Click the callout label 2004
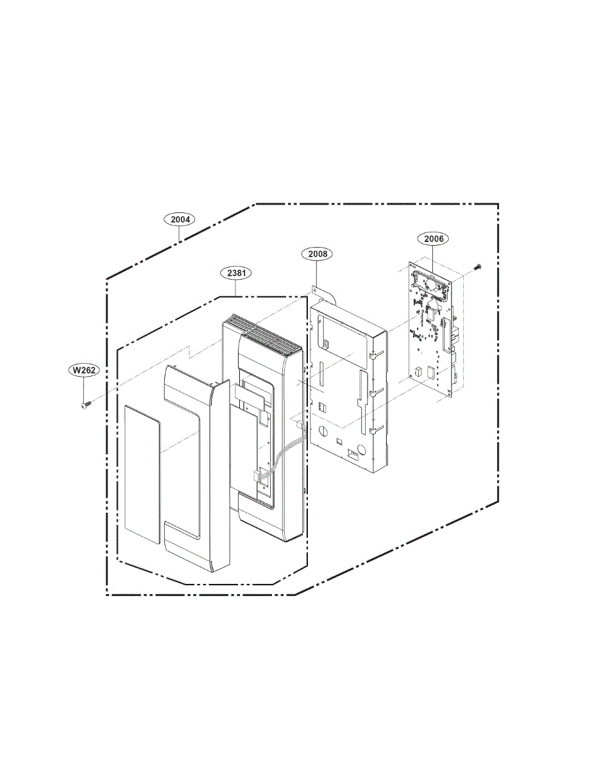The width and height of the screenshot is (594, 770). (x=180, y=219)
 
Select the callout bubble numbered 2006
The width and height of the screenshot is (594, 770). (x=434, y=239)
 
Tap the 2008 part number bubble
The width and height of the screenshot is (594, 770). (x=317, y=253)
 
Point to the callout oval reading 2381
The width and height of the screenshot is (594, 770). (x=236, y=273)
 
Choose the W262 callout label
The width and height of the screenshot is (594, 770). (x=84, y=370)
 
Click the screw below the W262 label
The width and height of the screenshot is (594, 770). (x=85, y=404)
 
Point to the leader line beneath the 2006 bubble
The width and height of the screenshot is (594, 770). (x=434, y=261)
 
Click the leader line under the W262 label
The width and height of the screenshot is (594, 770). (x=84, y=389)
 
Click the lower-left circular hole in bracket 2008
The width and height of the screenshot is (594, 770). (x=323, y=430)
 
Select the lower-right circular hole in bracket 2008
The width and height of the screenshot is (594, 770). (x=362, y=450)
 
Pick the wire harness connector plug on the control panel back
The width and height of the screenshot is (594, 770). (x=259, y=474)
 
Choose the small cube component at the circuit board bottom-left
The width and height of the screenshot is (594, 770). (x=418, y=371)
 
